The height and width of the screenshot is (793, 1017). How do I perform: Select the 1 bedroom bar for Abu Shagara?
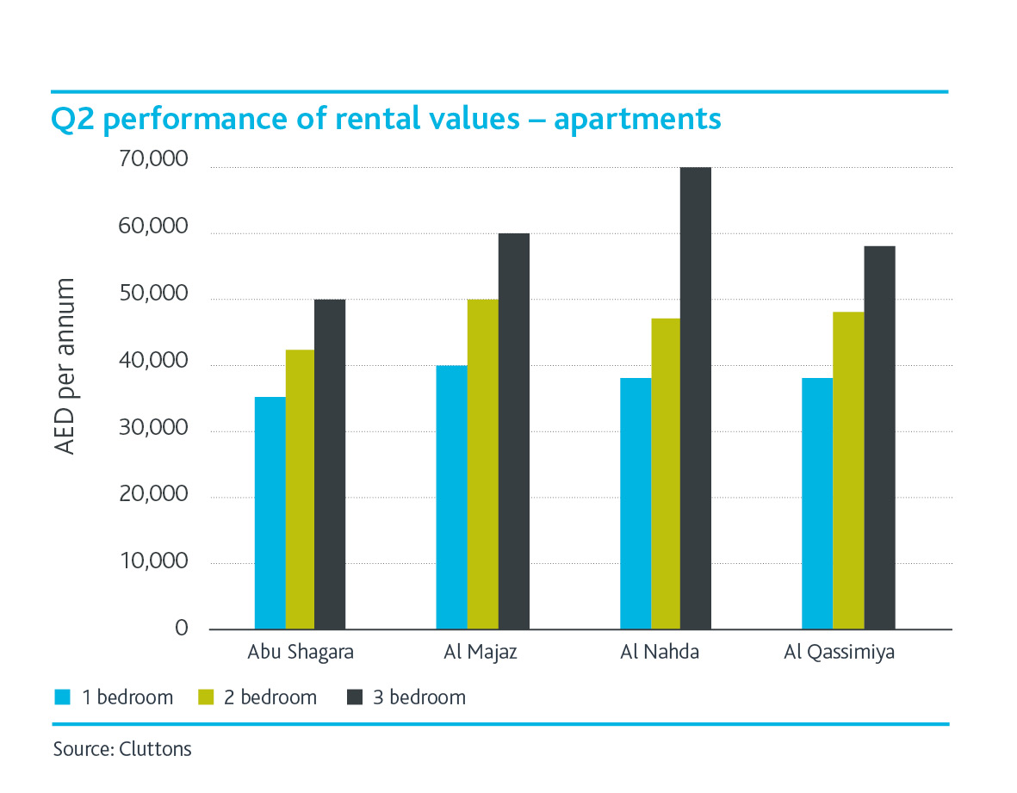coord(270,512)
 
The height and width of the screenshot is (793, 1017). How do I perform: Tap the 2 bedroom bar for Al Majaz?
coord(483,464)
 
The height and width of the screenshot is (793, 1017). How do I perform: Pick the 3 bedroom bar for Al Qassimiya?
coord(879,437)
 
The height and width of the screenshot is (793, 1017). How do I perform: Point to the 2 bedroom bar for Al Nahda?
coord(666,474)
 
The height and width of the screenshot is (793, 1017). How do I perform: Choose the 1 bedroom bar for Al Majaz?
coord(452,497)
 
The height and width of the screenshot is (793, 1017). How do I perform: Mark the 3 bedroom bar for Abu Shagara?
coord(330,464)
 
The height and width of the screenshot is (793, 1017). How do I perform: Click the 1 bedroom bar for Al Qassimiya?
coord(817,503)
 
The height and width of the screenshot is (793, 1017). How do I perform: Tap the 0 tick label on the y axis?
coord(181,629)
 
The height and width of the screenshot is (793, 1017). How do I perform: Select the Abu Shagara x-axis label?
coord(300,652)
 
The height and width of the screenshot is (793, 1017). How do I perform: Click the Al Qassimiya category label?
coord(839,652)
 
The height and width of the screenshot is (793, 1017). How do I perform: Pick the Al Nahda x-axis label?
coord(660,652)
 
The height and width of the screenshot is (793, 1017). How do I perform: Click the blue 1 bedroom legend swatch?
coord(60,697)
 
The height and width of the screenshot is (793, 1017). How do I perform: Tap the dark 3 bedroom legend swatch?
coord(353,697)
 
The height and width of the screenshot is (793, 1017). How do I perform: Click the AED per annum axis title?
coord(65,367)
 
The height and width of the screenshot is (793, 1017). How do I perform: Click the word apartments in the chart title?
coord(637,120)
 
